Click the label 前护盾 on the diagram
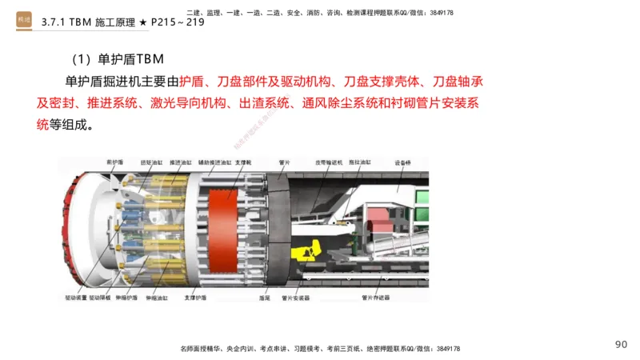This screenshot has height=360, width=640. pyautogui.click(x=115, y=161)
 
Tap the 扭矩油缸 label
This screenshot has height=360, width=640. pyautogui.click(x=151, y=162)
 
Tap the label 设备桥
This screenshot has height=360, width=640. pyautogui.click(x=402, y=162)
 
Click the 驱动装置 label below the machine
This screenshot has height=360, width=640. pyautogui.click(x=76, y=298)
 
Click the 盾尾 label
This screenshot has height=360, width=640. pyautogui.click(x=265, y=298)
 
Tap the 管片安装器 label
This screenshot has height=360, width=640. pyautogui.click(x=296, y=298)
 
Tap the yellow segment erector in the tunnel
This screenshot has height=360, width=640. pyautogui.click(x=303, y=253)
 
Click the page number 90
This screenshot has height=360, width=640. pyautogui.click(x=621, y=345)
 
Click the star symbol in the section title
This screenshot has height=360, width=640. pyautogui.click(x=142, y=22)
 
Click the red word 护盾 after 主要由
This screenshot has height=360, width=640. pyautogui.click(x=191, y=82)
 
